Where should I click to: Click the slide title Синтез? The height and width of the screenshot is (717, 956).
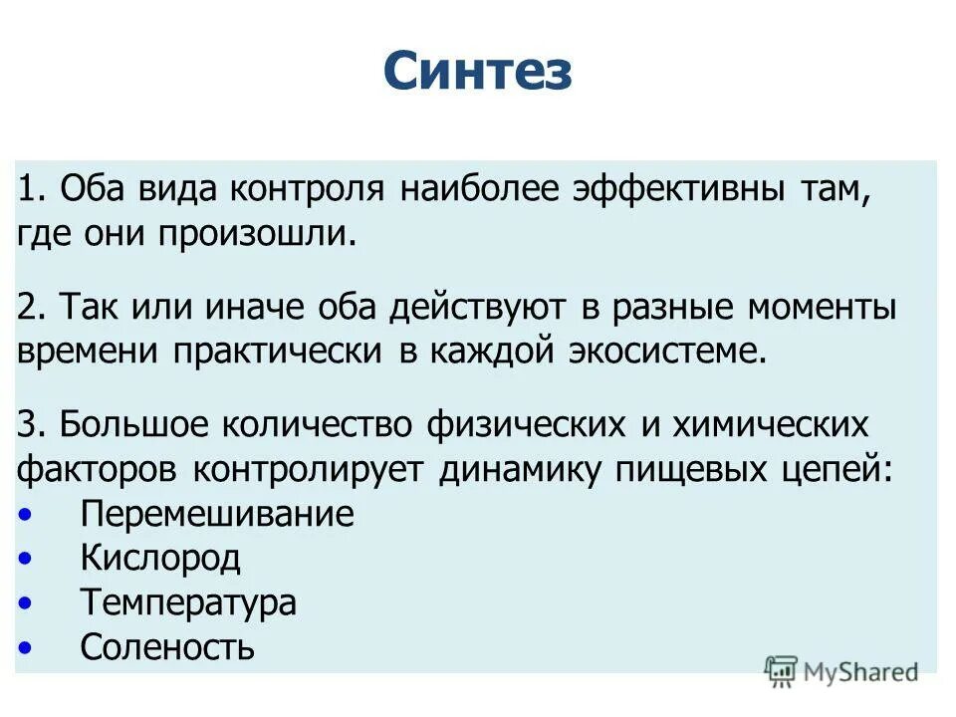coord(477,72)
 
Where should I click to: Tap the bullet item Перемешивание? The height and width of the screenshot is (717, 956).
coord(217,514)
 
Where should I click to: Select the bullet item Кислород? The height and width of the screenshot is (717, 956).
coord(160,558)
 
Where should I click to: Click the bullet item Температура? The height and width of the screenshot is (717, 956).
coord(188,602)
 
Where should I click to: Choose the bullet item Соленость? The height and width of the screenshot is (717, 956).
coord(167,647)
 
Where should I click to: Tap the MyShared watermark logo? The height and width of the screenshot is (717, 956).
coord(841,672)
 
